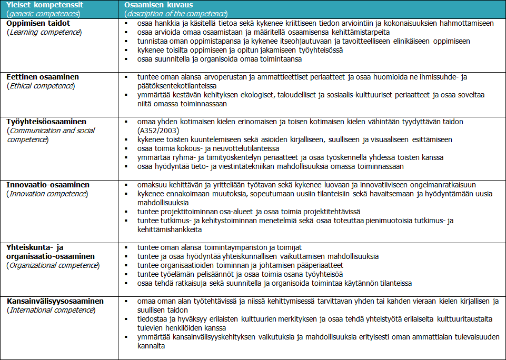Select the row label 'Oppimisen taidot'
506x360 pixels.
pyautogui.click(x=38, y=23)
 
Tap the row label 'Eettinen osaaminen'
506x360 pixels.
pyautogui.click(x=43, y=77)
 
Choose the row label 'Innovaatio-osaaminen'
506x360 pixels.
pyautogui.click(x=48, y=185)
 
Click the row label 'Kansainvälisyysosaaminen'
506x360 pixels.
pyautogui.click(x=55, y=301)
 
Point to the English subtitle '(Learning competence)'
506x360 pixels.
pyautogui.click(x=44, y=32)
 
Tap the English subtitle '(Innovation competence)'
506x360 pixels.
pyautogui.click(x=47, y=194)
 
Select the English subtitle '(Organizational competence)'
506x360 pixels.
pyautogui.click(x=52, y=265)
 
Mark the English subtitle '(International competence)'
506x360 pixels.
pyautogui.click(x=51, y=310)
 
